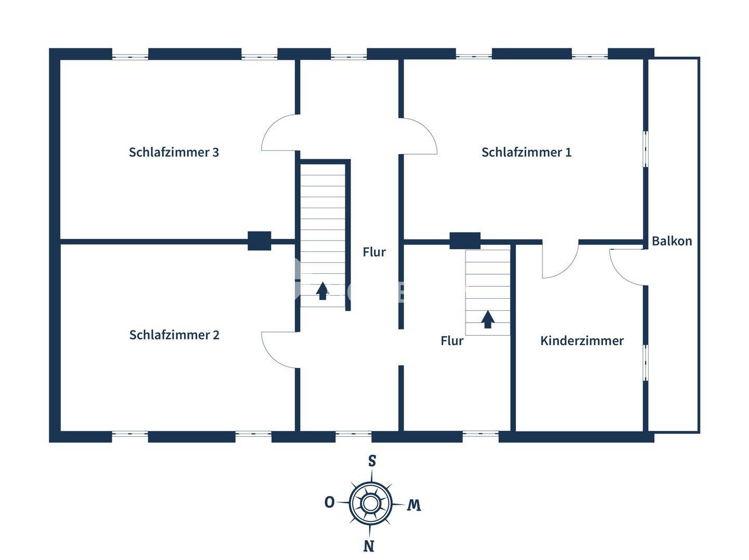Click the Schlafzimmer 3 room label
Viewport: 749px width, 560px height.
(174, 152)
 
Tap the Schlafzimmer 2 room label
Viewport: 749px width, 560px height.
(174, 335)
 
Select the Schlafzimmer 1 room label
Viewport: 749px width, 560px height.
(526, 152)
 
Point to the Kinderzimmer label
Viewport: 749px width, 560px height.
(582, 341)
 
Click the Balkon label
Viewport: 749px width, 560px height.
(671, 241)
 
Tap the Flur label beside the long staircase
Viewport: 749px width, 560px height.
(374, 252)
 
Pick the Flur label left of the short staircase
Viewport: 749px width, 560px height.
(451, 341)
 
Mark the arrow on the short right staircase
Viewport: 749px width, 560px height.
(487, 319)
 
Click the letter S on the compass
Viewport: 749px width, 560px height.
(372, 461)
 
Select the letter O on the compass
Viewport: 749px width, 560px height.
(329, 502)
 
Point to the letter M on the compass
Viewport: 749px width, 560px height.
(414, 505)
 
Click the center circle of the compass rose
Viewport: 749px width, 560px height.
(370, 503)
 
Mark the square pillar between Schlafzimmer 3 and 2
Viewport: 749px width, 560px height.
(259, 241)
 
